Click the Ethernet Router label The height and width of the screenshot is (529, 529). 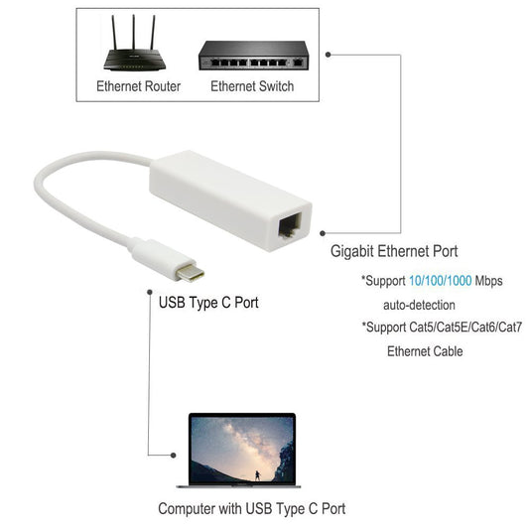[x=138, y=86]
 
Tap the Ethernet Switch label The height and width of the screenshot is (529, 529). [x=252, y=86]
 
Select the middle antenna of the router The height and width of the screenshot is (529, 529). [x=134, y=33]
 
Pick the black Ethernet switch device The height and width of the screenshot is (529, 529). [x=253, y=56]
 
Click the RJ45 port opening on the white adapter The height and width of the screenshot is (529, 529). [x=290, y=225]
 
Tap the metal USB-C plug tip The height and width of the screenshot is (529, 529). [x=191, y=272]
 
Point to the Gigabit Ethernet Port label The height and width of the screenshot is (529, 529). [x=394, y=251]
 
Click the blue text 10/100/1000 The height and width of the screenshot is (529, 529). [x=441, y=281]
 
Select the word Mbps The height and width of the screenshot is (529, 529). [x=489, y=281]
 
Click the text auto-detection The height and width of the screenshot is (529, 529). [x=419, y=306]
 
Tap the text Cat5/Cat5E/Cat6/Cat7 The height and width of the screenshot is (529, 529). [x=465, y=327]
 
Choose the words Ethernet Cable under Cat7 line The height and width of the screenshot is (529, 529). [x=425, y=351]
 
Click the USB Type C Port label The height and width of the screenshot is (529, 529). [x=208, y=303]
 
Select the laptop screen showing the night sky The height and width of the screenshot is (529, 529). [x=242, y=450]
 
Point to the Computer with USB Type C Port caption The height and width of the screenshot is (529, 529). [x=252, y=509]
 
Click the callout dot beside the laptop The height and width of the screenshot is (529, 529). [x=174, y=456]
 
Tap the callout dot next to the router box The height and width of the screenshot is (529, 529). [x=328, y=55]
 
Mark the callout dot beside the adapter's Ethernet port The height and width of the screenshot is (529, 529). [x=323, y=233]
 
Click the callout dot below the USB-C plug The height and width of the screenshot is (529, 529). [x=150, y=292]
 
